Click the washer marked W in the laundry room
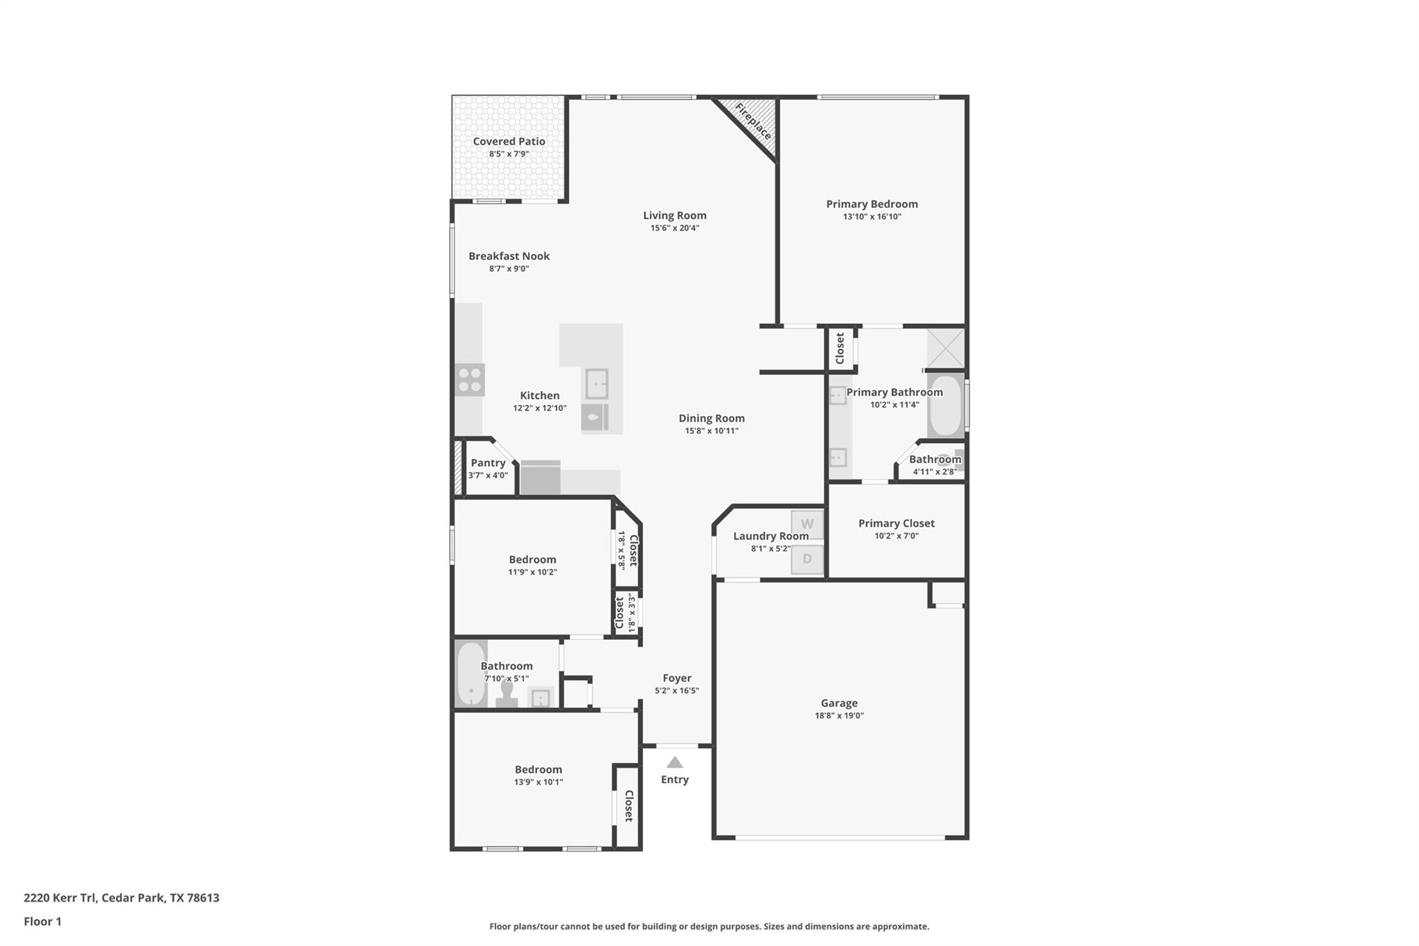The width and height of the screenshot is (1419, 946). (807, 525)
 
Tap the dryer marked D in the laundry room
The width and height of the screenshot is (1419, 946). (807, 559)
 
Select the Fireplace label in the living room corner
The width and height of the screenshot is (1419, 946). (753, 121)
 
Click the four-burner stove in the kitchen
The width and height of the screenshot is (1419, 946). (470, 380)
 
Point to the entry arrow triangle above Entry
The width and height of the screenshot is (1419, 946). (675, 762)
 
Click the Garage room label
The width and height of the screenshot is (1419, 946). (839, 703)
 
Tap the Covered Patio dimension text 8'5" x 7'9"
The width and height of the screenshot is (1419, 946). (509, 154)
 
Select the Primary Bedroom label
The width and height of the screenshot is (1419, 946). (872, 204)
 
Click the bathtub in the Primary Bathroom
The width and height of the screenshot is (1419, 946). (945, 405)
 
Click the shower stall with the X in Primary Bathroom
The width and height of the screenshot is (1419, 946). (946, 348)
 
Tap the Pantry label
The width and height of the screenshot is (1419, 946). (488, 463)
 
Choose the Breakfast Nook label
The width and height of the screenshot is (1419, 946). (509, 256)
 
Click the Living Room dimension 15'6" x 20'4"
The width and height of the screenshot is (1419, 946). (674, 228)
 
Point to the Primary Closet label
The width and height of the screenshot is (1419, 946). (896, 523)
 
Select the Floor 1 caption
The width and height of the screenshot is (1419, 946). (42, 921)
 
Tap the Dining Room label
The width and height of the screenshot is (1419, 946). (712, 418)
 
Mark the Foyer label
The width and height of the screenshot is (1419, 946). (676, 678)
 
